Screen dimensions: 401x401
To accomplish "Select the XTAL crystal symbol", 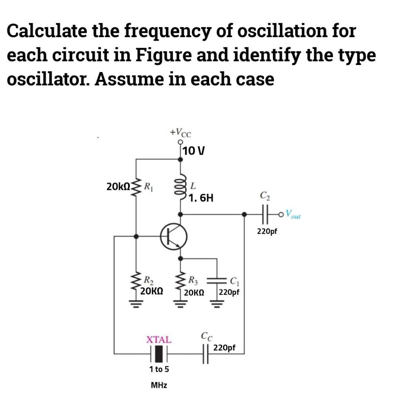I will point(159,354).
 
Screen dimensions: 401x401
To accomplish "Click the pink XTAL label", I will point(159,340).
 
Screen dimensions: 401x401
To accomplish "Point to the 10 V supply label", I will point(194,150).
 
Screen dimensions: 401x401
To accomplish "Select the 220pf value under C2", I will point(267,231).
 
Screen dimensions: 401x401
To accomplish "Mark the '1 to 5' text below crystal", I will point(159,369).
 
